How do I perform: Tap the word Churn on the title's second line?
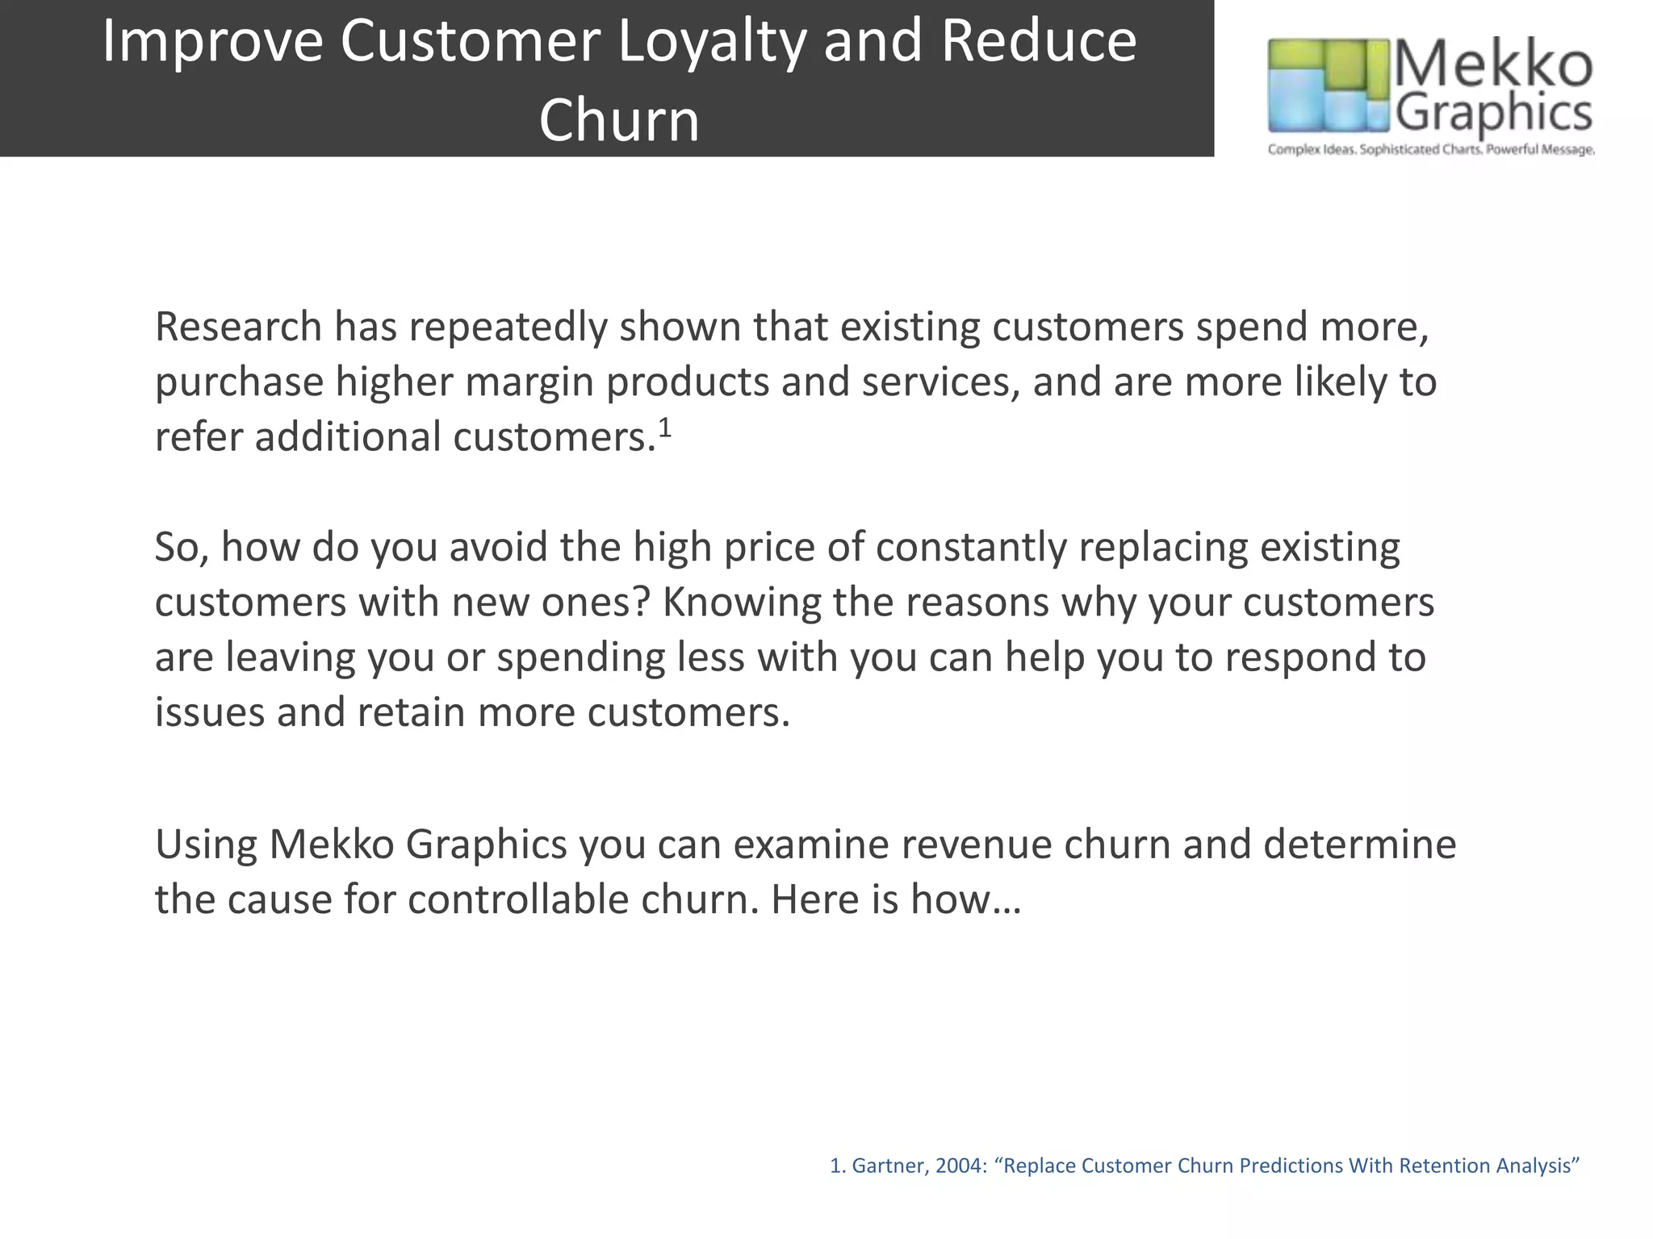(x=619, y=121)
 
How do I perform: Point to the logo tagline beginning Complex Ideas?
(x=1431, y=150)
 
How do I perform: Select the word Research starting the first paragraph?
(x=238, y=327)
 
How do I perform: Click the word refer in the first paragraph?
(x=199, y=437)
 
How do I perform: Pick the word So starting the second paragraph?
(x=182, y=548)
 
